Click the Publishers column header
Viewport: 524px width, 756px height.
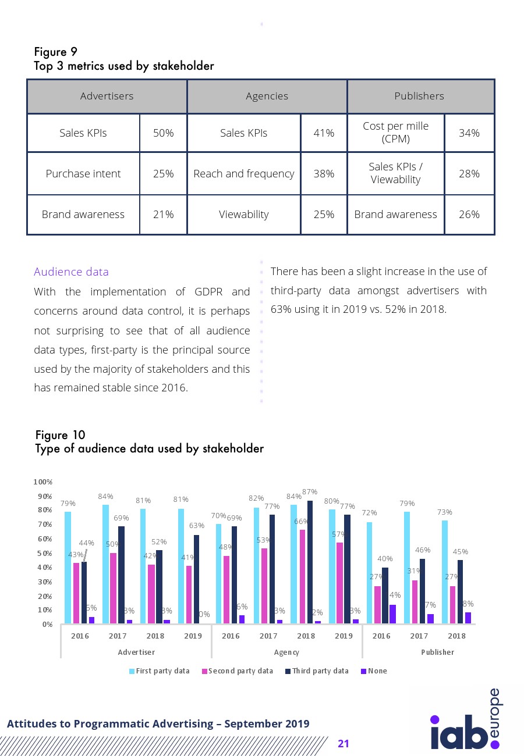(x=419, y=96)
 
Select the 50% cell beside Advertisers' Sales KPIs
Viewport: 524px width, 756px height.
(x=163, y=133)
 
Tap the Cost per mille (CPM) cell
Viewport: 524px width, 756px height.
(x=395, y=133)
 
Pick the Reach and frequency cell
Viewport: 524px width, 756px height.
(x=243, y=174)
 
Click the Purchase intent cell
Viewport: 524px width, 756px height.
(x=83, y=174)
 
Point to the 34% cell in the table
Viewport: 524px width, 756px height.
(x=469, y=133)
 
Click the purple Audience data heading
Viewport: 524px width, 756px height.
(x=71, y=272)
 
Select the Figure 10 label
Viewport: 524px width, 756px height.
(x=61, y=435)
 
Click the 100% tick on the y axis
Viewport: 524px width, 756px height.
(x=44, y=482)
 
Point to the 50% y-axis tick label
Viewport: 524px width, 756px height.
(x=44, y=553)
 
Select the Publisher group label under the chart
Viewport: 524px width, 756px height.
(x=437, y=652)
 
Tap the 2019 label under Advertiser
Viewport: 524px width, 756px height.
(x=193, y=636)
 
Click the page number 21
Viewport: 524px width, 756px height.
(x=343, y=744)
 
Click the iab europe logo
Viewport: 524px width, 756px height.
(x=465, y=724)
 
